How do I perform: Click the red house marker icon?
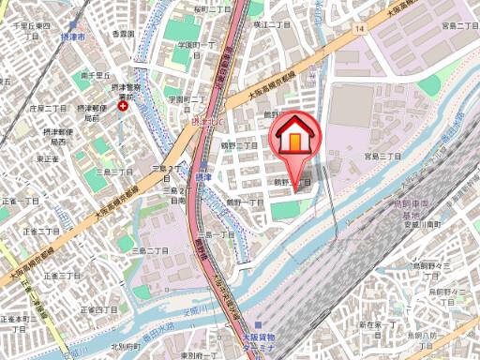[293, 139]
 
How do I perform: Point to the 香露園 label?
[123, 33]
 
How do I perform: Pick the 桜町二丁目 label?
[212, 8]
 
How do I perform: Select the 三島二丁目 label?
[153, 251]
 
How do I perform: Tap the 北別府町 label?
[125, 346]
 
